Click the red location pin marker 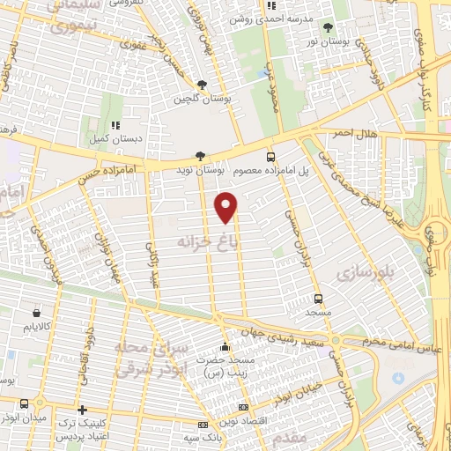(x=226, y=207)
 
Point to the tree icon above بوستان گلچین (x=203, y=85)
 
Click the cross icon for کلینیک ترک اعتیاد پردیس (x=82, y=410)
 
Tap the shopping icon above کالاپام (x=35, y=313)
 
